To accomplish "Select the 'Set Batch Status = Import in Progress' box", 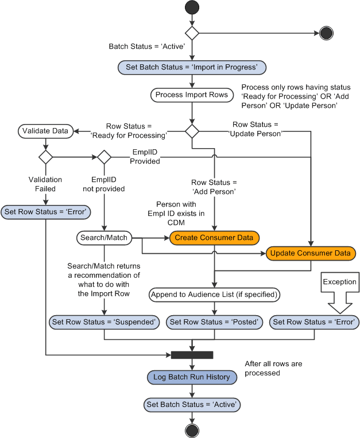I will coord(192,67).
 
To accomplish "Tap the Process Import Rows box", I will coord(192,95).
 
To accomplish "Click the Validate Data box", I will coord(45,131).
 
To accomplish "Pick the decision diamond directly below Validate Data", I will coord(45,157).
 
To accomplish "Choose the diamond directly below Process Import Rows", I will coord(192,131).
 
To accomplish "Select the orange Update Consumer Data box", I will coord(311,253).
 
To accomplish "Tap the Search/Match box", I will coord(104,237).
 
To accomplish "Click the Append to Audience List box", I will coord(214,295).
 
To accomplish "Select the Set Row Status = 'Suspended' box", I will coord(104,322).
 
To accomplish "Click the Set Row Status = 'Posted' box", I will coord(214,322).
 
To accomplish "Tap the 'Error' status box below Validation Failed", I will coord(45,212).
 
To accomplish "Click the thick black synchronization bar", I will coord(192,355).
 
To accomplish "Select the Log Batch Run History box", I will coord(192,377).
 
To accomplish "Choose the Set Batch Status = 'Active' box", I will coord(192,405).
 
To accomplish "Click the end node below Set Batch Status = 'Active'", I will coord(192,431).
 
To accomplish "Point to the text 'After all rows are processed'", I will coord(273,368).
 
